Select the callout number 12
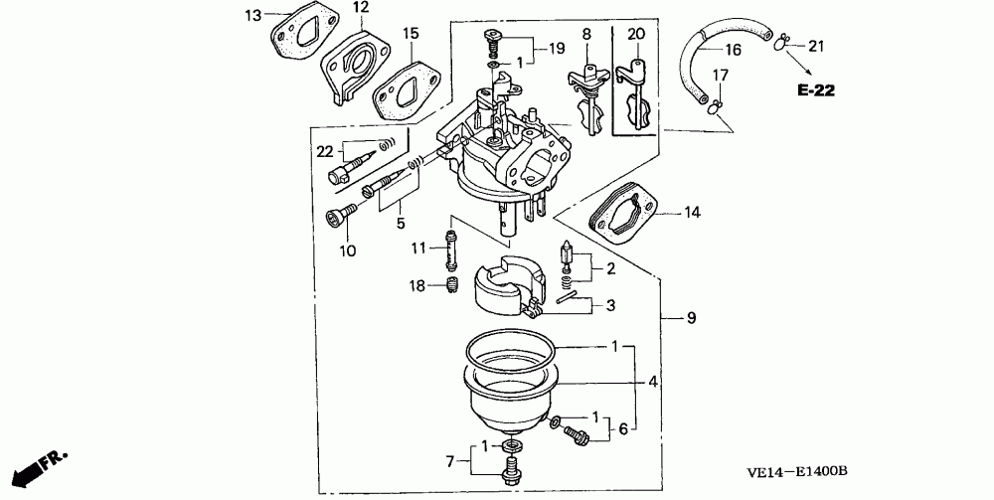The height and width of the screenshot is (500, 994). tap(359, 8)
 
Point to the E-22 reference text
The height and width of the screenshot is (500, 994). tap(814, 91)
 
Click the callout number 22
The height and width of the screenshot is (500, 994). tap(324, 151)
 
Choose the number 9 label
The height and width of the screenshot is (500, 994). tap(691, 318)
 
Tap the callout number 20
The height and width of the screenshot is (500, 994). tap(636, 34)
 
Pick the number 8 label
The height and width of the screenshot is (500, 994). tap(586, 34)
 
